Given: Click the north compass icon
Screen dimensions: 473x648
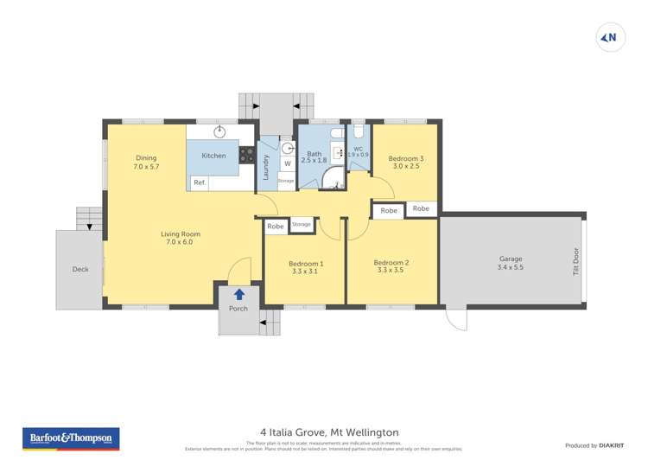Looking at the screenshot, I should click(610, 36).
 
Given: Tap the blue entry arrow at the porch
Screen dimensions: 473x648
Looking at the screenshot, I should click(238, 295).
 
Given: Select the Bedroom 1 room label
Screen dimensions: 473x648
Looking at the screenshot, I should click(306, 264).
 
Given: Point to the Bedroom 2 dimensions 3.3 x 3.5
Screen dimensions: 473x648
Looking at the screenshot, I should click(391, 271).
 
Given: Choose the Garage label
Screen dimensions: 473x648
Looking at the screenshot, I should click(511, 259).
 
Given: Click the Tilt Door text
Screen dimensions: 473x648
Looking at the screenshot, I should click(576, 260).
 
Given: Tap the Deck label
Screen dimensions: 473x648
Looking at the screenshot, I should click(80, 270).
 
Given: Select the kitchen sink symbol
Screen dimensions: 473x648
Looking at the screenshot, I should click(220, 132).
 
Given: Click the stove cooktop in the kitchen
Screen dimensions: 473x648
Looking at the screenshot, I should click(246, 156).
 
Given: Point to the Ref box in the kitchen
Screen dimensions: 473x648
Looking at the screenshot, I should click(199, 182).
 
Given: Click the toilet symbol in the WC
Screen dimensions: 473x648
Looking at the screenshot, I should click(359, 133).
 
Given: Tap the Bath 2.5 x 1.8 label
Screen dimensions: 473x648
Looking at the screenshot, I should click(314, 156).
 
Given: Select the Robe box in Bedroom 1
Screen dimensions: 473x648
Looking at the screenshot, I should click(276, 227).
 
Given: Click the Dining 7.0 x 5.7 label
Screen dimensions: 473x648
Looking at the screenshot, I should click(145, 162).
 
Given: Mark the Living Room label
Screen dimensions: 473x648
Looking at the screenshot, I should click(180, 238).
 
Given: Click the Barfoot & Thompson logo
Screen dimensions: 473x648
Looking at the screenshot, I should click(71, 438).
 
